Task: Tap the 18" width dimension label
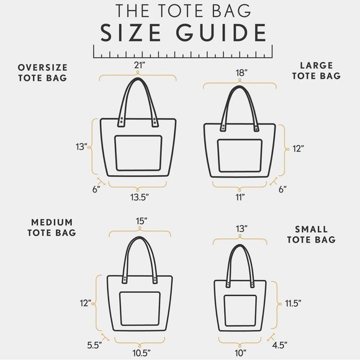243,72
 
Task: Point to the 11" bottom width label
240,197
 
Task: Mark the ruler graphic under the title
180,51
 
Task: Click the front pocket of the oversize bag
138,155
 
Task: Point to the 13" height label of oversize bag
80,147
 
